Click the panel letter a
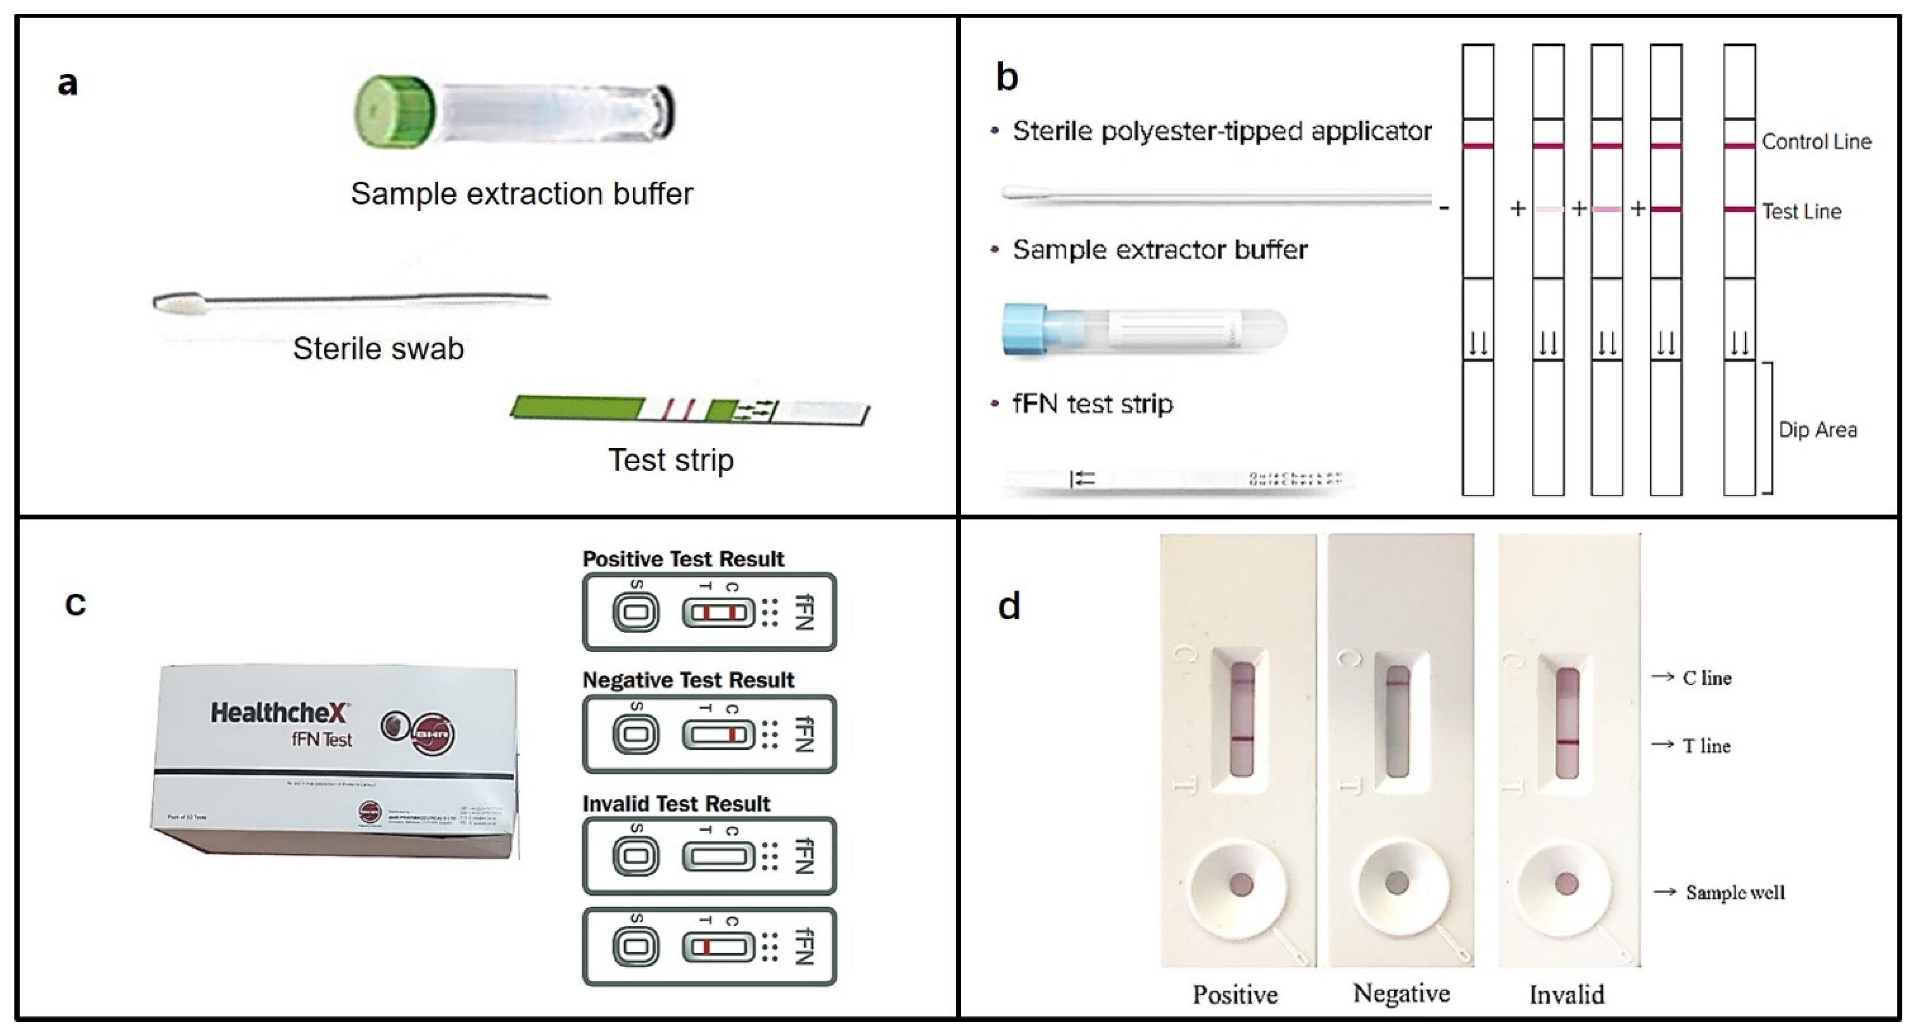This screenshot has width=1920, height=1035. pyautogui.click(x=68, y=83)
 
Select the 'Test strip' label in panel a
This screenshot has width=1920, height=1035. pyautogui.click(x=671, y=460)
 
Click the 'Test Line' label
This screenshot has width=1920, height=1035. pyautogui.click(x=1801, y=212)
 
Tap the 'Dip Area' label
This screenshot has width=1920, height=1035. pyautogui.click(x=1817, y=430)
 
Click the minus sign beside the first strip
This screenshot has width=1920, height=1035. pyautogui.click(x=1444, y=208)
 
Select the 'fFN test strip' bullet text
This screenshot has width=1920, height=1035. pyautogui.click(x=1092, y=404)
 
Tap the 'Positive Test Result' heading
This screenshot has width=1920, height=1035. pyautogui.click(x=683, y=559)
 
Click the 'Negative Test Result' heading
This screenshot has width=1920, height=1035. pyautogui.click(x=688, y=680)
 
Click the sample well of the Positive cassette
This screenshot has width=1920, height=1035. pyautogui.click(x=1240, y=884)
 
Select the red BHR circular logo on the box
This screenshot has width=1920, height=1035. pyautogui.click(x=432, y=734)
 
